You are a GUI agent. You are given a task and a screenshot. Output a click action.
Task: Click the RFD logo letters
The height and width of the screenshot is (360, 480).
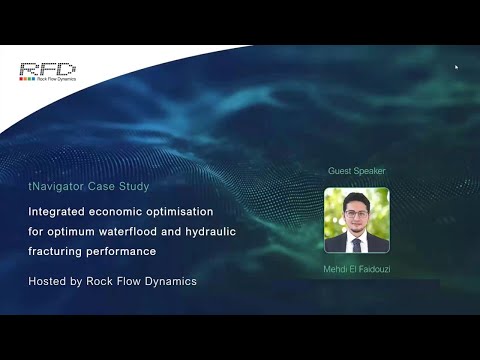(x=46, y=69)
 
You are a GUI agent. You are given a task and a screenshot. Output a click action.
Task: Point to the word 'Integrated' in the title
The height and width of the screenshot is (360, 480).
(x=59, y=212)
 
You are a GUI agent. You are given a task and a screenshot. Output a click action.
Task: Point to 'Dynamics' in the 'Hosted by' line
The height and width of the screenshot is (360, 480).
(x=172, y=281)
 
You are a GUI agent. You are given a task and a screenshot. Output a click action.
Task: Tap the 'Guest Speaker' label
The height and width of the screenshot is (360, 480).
(x=356, y=171)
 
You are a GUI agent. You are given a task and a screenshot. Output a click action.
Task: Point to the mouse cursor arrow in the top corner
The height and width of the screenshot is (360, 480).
(x=456, y=68)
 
